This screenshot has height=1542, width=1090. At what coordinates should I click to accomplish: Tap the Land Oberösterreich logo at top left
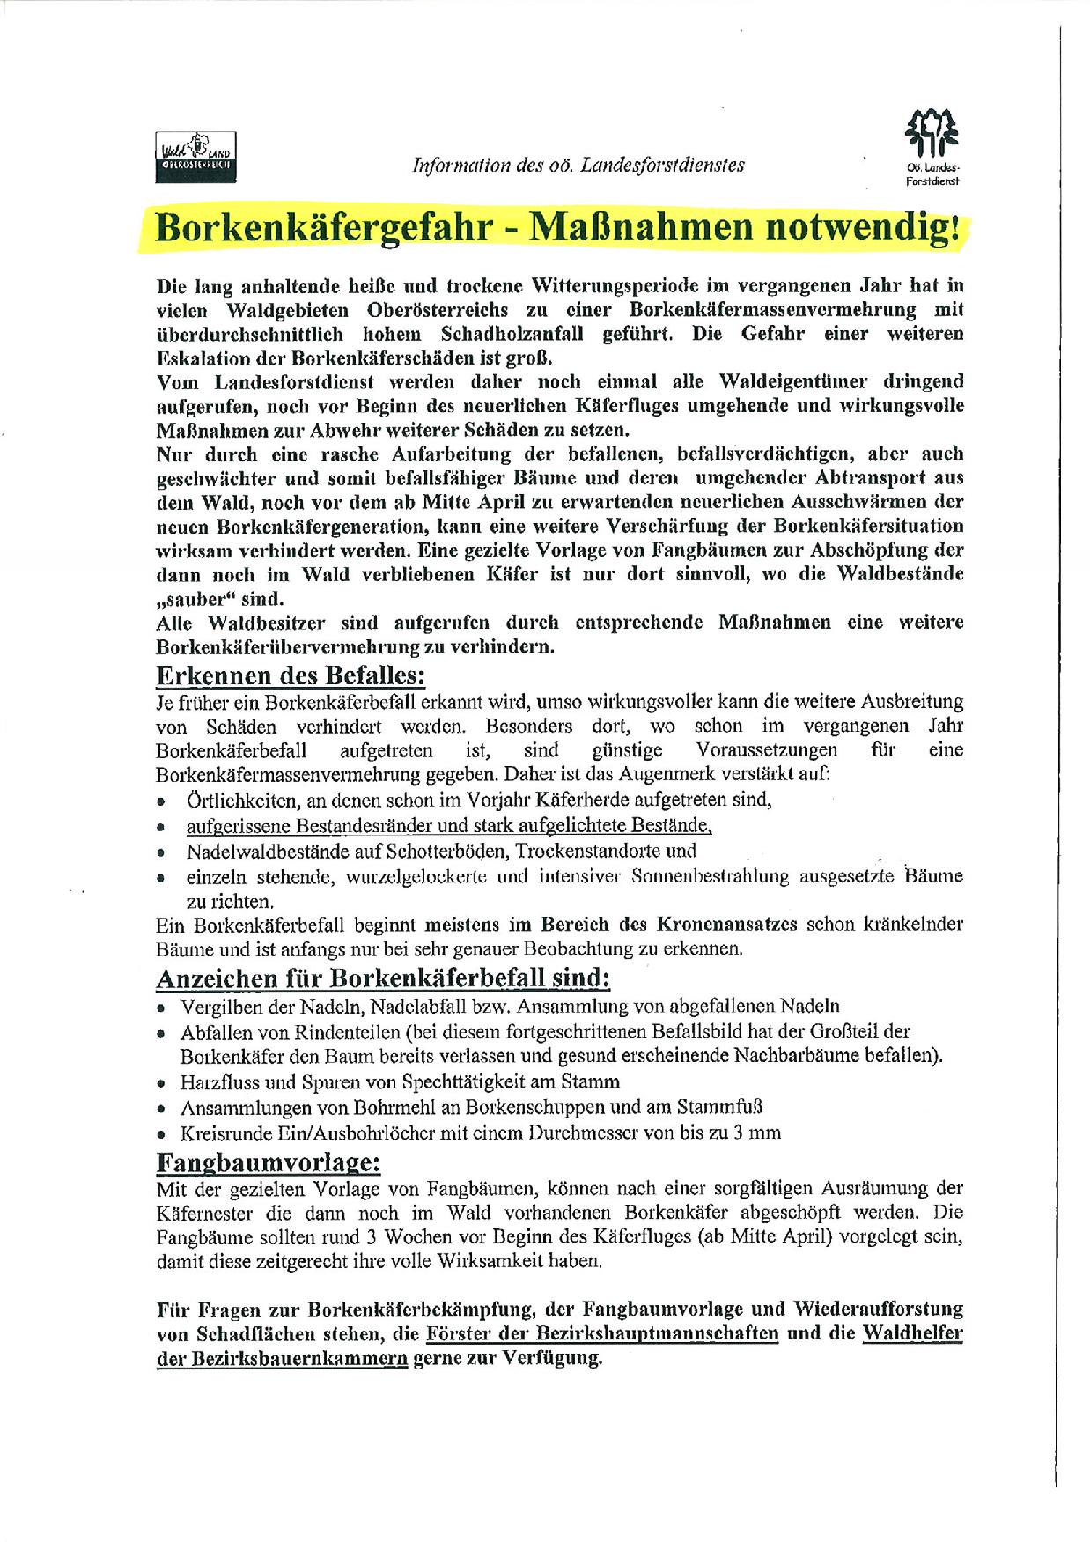[x=195, y=156]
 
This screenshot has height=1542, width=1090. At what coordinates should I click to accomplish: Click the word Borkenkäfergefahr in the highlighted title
[x=324, y=228]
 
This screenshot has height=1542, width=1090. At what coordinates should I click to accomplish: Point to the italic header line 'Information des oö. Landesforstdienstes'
[x=579, y=165]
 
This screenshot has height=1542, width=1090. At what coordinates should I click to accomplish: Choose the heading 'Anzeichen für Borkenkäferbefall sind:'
[x=383, y=978]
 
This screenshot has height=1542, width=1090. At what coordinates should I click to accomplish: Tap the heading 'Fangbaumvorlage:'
[x=269, y=1162]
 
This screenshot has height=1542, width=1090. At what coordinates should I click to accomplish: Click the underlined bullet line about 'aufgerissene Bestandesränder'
[x=448, y=826]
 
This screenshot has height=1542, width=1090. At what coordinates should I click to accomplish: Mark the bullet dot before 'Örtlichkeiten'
[x=161, y=802]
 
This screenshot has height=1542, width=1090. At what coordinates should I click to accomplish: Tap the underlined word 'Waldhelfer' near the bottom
[x=912, y=1332]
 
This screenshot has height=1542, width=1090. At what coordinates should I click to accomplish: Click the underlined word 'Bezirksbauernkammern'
[x=282, y=1357]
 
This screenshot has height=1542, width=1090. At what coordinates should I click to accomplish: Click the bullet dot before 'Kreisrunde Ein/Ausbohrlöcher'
[x=161, y=1134]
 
